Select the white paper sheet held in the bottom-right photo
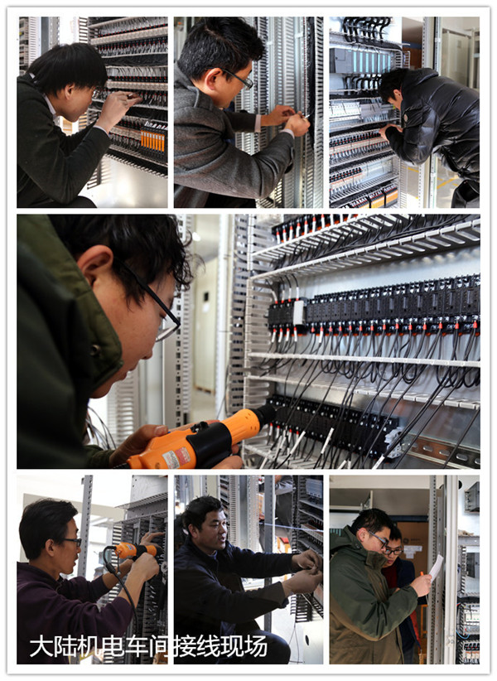pyautogui.click(x=436, y=567)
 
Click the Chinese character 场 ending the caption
pyautogui.click(x=256, y=646)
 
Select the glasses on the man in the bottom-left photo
pyautogui.click(x=72, y=541)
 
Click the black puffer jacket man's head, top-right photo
pyautogui.click(x=393, y=87)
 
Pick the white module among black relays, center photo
pyautogui.click(x=299, y=312)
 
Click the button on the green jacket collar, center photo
pyautogui.click(x=95, y=350)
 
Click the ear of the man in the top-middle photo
pyautogui.click(x=214, y=79)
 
